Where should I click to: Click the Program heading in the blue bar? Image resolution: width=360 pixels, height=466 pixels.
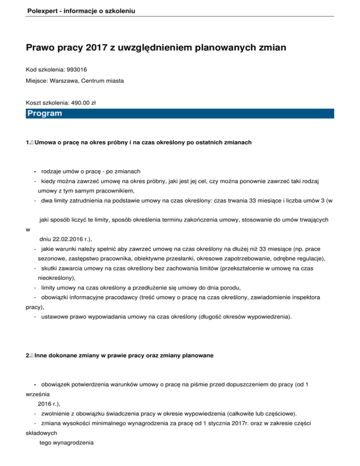point(45,114)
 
